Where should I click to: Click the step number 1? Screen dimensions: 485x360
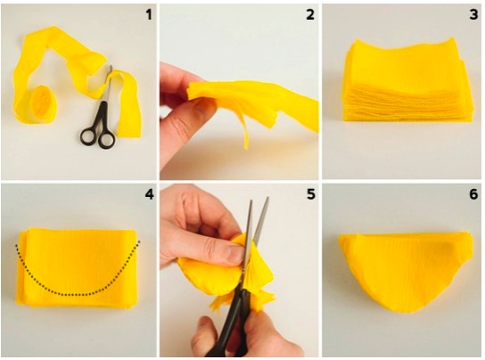coord(149,14)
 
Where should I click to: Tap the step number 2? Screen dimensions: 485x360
coord(310,14)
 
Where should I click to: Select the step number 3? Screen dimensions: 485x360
coord(473,14)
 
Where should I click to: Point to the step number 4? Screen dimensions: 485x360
coord(149,194)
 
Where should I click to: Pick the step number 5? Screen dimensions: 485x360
coord(310,194)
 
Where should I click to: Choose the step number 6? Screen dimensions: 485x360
coord(473,194)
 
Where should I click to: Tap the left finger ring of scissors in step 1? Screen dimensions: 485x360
coord(88,136)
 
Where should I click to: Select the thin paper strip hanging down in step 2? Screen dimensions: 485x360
coord(244,130)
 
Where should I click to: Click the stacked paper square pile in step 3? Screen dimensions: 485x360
coord(407,80)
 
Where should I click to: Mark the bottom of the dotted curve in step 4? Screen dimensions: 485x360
coord(76,294)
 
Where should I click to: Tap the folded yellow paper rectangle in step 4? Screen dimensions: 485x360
coord(77,268)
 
